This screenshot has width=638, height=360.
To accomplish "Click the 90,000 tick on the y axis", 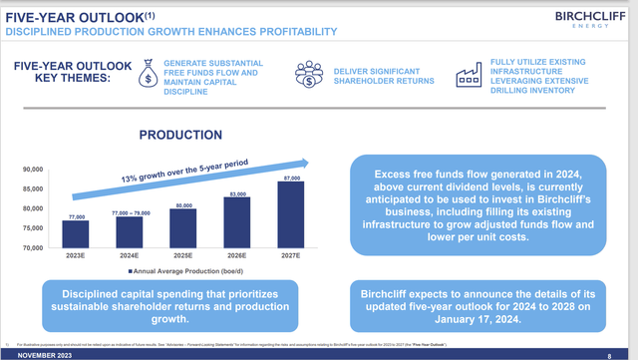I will pos(32,171).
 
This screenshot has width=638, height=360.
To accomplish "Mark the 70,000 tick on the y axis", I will pos(32,247).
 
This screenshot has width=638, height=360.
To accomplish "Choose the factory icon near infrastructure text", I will pos(468,76).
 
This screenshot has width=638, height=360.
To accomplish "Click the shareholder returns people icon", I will pos(309,76).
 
